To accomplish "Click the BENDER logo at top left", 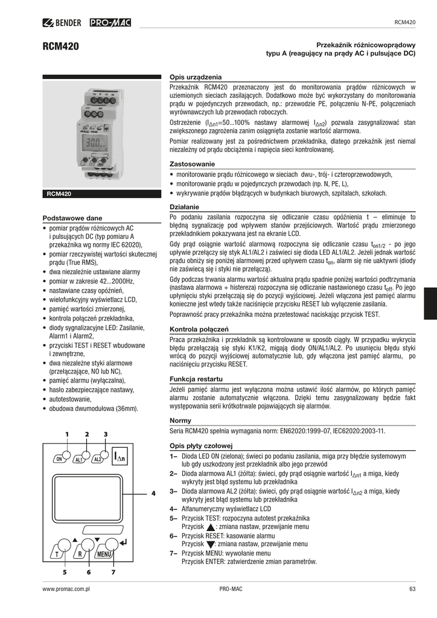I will point(63,24).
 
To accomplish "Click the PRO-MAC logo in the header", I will point(110,24).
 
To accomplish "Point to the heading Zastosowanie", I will point(193,164).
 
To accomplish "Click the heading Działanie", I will point(187,207).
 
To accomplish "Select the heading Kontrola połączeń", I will point(199,330).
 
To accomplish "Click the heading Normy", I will point(181,421).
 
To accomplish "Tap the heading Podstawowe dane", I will point(72,218).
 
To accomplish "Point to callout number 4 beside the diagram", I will point(153,494).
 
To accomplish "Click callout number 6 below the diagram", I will point(88,572).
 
